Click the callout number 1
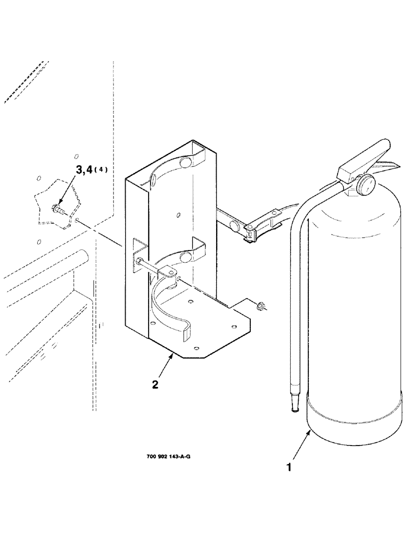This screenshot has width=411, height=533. click(x=289, y=467)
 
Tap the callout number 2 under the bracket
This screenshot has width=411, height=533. click(x=155, y=384)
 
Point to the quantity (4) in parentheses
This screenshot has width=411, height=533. click(x=103, y=170)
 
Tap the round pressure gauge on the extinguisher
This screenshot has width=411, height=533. click(x=367, y=185)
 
